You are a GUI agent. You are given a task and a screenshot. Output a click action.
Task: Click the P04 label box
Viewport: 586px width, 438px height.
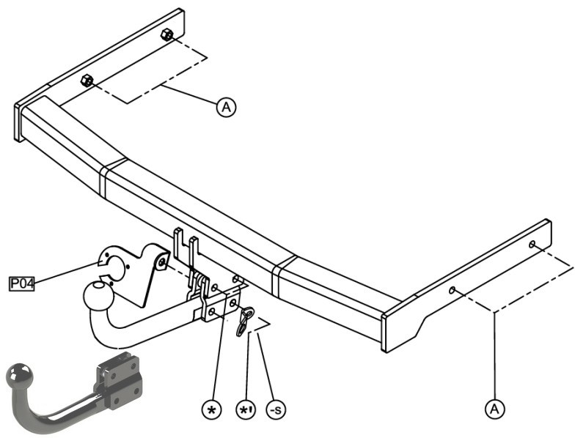click(x=22, y=283)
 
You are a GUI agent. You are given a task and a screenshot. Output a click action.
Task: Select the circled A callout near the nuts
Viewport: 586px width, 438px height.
click(x=227, y=108)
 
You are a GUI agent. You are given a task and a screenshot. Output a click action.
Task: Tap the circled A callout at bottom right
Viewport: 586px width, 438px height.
click(x=494, y=409)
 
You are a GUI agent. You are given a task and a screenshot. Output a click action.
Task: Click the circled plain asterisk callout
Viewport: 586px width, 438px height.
click(x=211, y=410)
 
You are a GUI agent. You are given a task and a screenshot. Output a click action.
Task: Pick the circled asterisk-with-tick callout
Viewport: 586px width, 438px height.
click(x=246, y=410)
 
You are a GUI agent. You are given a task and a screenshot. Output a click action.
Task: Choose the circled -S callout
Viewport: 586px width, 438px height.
click(x=276, y=410)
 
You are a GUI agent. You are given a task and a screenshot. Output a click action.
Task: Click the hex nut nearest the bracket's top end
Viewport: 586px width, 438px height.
click(x=166, y=35)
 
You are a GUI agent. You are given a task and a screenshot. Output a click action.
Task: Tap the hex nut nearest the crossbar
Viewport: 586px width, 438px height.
click(x=87, y=81)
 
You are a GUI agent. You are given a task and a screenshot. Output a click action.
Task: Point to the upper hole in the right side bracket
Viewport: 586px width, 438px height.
click(x=532, y=245)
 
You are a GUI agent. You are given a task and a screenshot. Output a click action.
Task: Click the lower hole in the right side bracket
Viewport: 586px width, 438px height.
click(x=453, y=290)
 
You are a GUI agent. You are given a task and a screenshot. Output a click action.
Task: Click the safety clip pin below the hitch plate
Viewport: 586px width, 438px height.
click(x=244, y=321)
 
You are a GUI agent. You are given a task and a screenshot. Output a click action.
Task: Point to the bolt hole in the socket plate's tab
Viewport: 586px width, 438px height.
click(x=162, y=262)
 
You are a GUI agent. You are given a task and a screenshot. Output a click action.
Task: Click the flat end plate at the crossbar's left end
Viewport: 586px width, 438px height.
click(x=17, y=122)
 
